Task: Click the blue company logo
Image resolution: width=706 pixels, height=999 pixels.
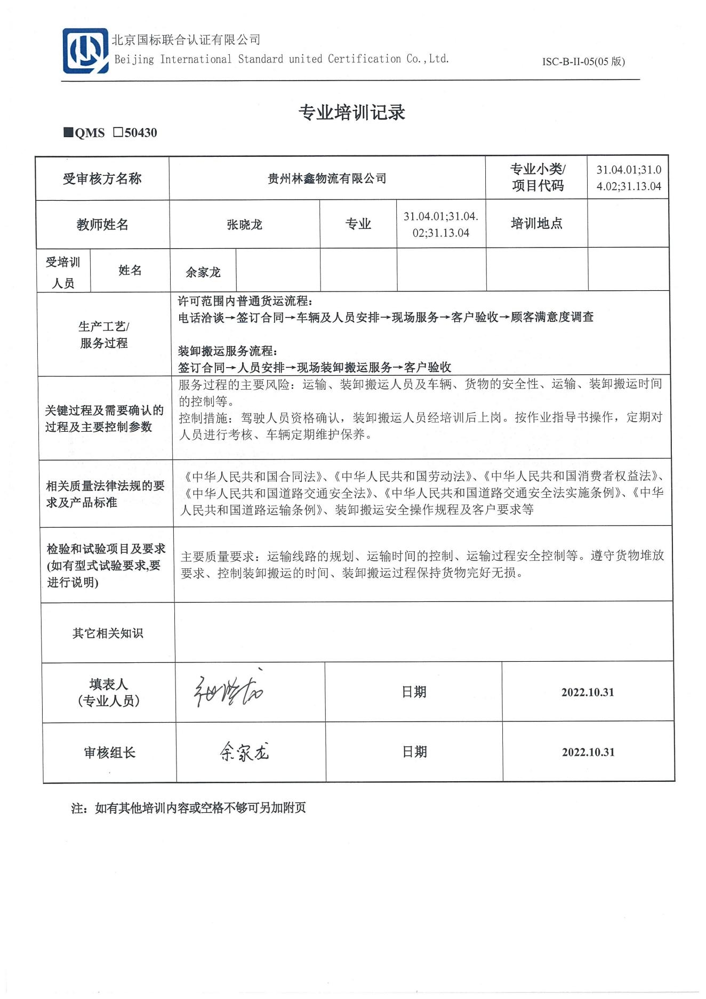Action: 85,51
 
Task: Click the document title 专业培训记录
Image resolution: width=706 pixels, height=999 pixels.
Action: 352,112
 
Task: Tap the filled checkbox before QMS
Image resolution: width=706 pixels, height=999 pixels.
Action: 68,132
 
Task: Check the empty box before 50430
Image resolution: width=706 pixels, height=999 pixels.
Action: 118,132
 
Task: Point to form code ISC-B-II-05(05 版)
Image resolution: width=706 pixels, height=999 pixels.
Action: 583,61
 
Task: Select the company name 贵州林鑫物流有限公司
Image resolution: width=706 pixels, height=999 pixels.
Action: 327,179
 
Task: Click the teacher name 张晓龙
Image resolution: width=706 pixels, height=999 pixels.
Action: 244,225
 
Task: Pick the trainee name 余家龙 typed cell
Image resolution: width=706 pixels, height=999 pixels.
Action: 203,272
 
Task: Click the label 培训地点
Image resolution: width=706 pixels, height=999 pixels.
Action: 536,224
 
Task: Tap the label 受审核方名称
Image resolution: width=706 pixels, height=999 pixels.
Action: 102,179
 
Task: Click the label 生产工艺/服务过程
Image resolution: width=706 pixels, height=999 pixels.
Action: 104,335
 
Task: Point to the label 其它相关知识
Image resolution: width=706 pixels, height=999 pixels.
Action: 108,633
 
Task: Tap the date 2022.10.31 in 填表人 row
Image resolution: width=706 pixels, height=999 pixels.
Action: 588,692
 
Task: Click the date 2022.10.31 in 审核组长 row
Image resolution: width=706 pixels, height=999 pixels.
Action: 588,752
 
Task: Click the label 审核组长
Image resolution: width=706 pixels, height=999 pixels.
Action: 110,752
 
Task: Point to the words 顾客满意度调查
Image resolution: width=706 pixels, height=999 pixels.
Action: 552,317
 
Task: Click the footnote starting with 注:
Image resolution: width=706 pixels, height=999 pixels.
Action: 188,808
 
